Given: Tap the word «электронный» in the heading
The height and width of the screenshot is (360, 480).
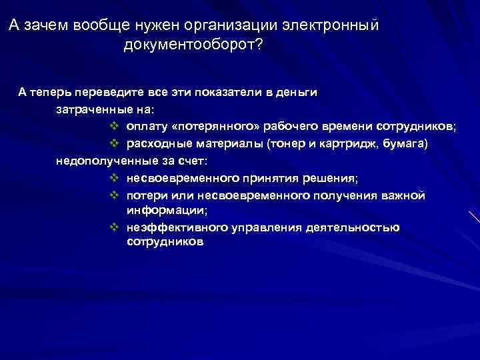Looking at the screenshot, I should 331,25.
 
